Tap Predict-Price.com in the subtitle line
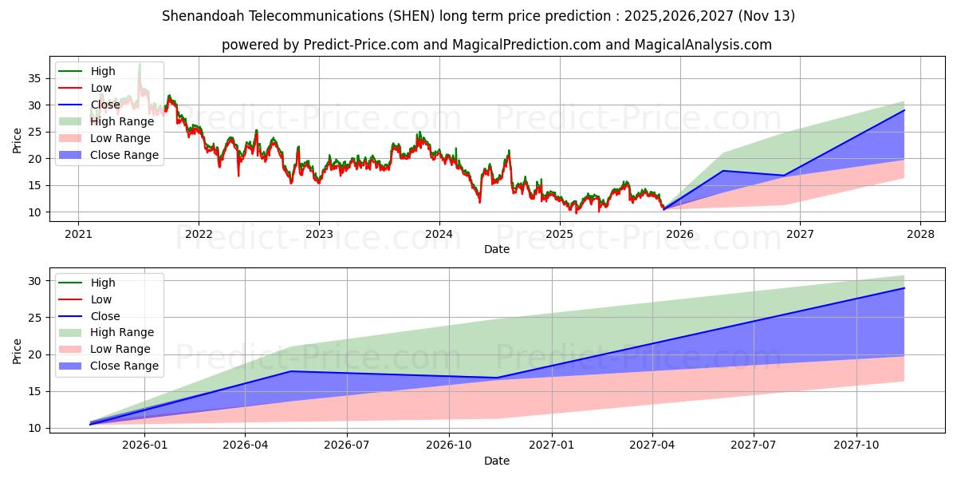[x=364, y=45]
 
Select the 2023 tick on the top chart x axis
[x=319, y=234]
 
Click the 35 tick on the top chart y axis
[x=33, y=78]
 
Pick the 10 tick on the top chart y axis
[x=33, y=212]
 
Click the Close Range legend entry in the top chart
[x=124, y=155]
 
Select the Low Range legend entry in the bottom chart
[x=120, y=349]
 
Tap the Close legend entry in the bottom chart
[x=104, y=316]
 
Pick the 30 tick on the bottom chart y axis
[x=33, y=280]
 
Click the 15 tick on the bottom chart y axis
[x=33, y=391]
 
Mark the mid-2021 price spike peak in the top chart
[x=140, y=64]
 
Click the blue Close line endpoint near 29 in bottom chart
[x=904, y=288]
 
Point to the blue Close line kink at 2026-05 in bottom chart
[x=291, y=371]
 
